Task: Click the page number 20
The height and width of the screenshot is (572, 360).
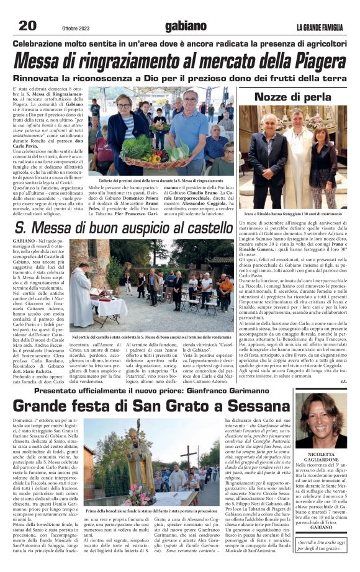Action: tap(27, 25)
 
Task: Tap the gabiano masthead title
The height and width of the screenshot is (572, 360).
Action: tap(185, 26)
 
